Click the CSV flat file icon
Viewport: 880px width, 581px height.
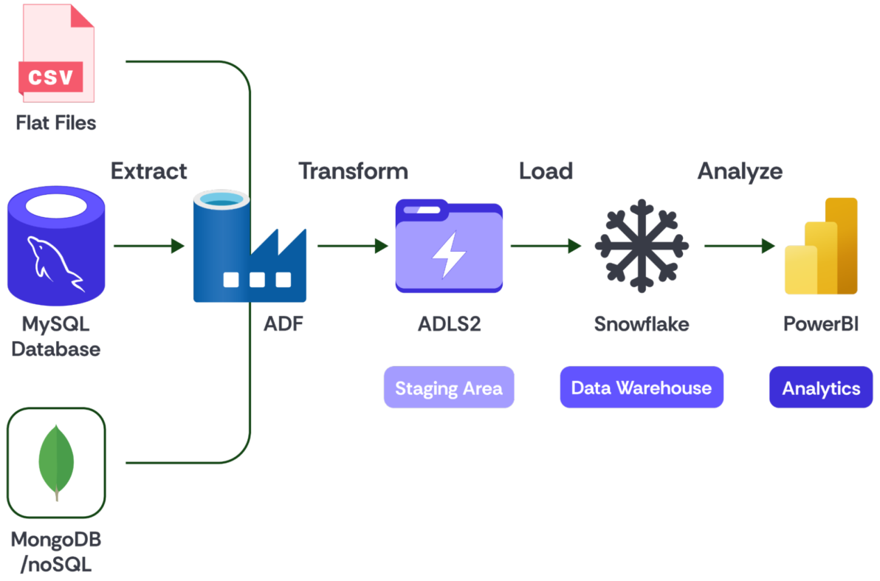tap(56, 53)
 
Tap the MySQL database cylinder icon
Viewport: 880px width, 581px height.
tap(56, 246)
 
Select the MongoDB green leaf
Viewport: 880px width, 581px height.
tap(56, 462)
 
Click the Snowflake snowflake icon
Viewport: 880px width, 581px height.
tap(642, 246)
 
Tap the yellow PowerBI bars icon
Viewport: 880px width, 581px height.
tap(821, 246)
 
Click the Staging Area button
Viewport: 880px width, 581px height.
tap(449, 388)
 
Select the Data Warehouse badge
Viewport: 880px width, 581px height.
tap(642, 388)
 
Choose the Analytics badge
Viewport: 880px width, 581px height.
tap(821, 388)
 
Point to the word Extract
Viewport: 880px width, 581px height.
tap(148, 171)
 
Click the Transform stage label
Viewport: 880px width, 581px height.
tap(354, 171)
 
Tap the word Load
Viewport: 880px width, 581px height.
tap(546, 171)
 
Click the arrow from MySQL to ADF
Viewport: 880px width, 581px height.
tap(149, 246)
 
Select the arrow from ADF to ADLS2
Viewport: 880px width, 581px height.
tap(353, 246)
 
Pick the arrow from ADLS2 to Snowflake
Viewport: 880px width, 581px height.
tap(546, 246)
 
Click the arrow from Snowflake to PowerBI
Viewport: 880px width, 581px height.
tap(740, 246)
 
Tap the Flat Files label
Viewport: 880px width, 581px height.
tap(56, 123)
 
